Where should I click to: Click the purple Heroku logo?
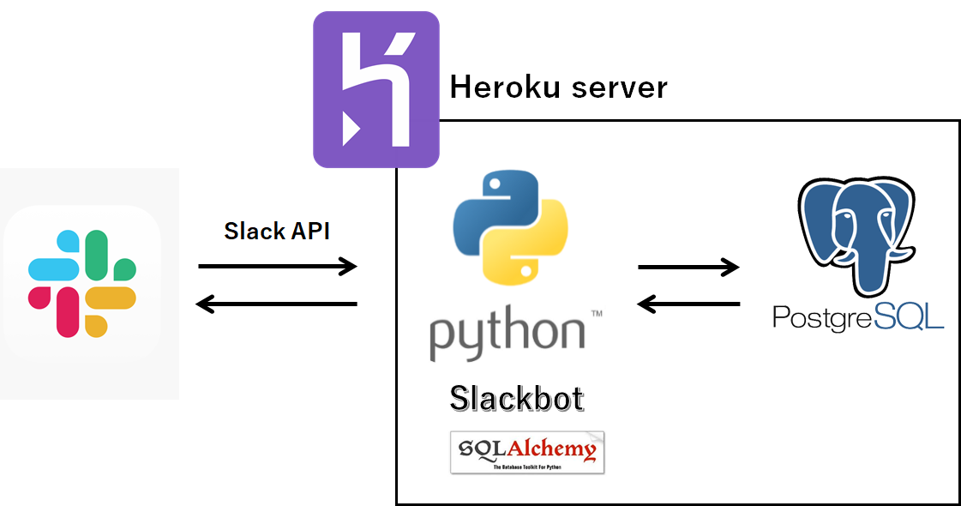click(x=375, y=88)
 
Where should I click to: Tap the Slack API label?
click(x=277, y=231)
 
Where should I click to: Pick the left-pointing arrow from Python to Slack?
click(x=277, y=304)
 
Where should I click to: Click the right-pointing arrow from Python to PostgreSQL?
click(x=688, y=267)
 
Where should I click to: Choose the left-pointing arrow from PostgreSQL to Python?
click(x=688, y=304)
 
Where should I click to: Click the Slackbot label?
click(x=517, y=399)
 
